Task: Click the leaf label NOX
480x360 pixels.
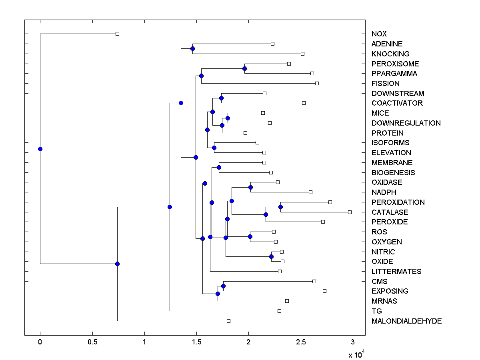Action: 379,34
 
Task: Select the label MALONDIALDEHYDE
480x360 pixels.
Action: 406,321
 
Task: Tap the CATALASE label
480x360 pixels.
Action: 390,212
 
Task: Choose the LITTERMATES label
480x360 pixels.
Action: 396,271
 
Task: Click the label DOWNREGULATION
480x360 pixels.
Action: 406,123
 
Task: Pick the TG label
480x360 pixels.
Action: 377,311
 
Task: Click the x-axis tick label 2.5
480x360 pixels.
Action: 301,342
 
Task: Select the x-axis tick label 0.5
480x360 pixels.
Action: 92,342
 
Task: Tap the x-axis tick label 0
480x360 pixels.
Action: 40,342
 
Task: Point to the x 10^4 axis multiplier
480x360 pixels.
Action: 356,354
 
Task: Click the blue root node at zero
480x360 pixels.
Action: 40,149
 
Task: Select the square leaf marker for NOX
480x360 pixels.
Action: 117,34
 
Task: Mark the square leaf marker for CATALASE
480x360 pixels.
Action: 350,212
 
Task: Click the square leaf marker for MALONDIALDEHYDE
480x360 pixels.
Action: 228,321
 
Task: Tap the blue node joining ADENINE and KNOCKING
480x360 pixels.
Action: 192,48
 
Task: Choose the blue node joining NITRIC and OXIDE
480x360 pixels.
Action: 271,256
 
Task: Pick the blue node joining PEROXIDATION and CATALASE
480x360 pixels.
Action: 280,207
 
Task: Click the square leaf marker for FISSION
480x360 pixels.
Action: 317,83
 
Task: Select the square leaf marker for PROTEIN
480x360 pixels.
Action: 245,133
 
